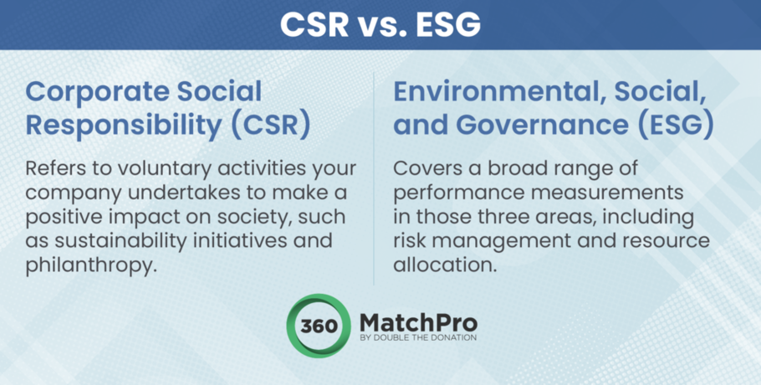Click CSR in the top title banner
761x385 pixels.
(314, 24)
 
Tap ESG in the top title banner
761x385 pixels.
(448, 24)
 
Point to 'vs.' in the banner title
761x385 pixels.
(382, 25)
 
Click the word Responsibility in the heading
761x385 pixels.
(124, 126)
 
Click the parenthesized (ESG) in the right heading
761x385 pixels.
(675, 125)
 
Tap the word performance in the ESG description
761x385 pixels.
(458, 193)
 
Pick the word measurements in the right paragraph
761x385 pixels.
(606, 193)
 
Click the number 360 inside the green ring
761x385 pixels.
(319, 326)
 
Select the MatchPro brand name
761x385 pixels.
(418, 323)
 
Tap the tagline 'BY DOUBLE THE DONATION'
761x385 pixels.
(418, 338)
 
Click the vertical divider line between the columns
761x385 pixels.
(374, 178)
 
